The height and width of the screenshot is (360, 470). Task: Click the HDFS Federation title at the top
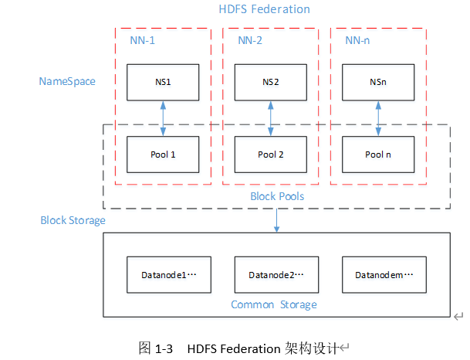[264, 9]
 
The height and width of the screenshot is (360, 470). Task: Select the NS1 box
[163, 82]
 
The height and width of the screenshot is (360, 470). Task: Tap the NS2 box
[271, 82]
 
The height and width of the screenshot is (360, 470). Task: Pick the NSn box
[377, 82]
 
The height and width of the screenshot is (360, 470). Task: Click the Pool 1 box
[163, 155]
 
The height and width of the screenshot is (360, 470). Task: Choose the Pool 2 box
[271, 155]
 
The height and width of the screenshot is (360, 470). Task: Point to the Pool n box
[377, 155]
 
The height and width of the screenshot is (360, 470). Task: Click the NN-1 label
[142, 40]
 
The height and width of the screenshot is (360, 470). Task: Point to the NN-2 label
[250, 40]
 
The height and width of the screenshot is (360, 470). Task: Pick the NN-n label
[358, 40]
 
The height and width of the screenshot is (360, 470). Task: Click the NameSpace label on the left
[67, 80]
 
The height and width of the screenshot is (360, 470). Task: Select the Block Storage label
[73, 220]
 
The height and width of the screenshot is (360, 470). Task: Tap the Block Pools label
[277, 196]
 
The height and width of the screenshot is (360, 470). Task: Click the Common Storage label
[274, 304]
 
